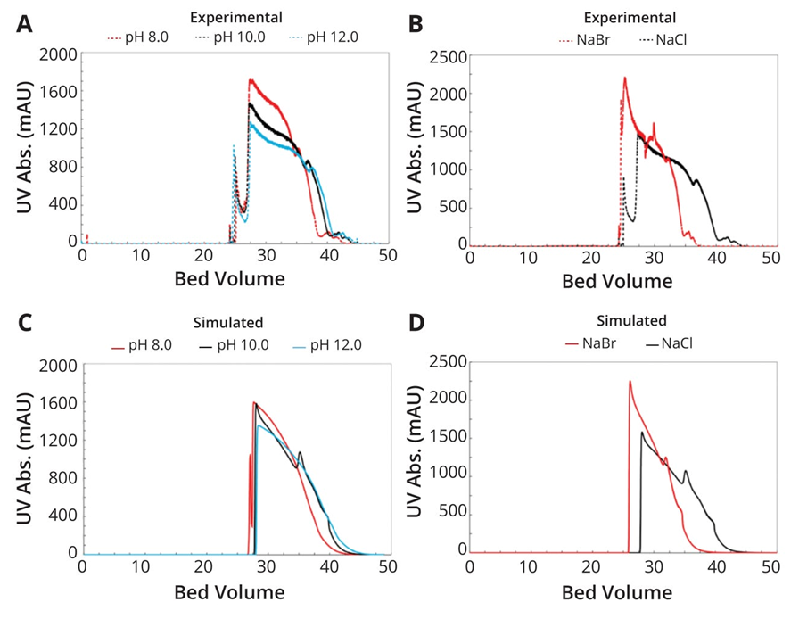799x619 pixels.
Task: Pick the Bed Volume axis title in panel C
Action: pos(229,592)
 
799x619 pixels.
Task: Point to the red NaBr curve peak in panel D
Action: pos(630,382)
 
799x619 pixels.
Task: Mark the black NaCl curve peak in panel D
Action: pos(642,433)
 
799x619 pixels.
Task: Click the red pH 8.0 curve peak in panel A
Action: pos(252,80)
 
